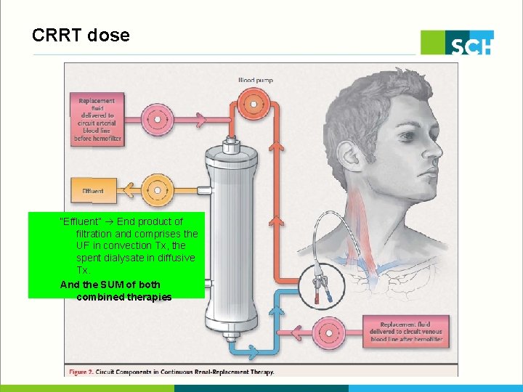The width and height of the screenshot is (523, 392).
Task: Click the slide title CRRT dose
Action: click(81, 35)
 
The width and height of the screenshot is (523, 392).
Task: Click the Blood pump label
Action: click(256, 80)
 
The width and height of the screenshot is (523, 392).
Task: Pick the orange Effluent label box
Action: click(92, 191)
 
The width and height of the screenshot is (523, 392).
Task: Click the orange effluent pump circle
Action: click(156, 191)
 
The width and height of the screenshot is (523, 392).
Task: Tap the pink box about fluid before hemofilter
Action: click(96, 119)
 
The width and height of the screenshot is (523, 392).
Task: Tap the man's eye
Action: click(415, 145)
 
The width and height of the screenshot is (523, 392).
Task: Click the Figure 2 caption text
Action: click(171, 372)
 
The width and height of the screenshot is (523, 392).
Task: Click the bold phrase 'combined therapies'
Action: click(123, 297)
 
